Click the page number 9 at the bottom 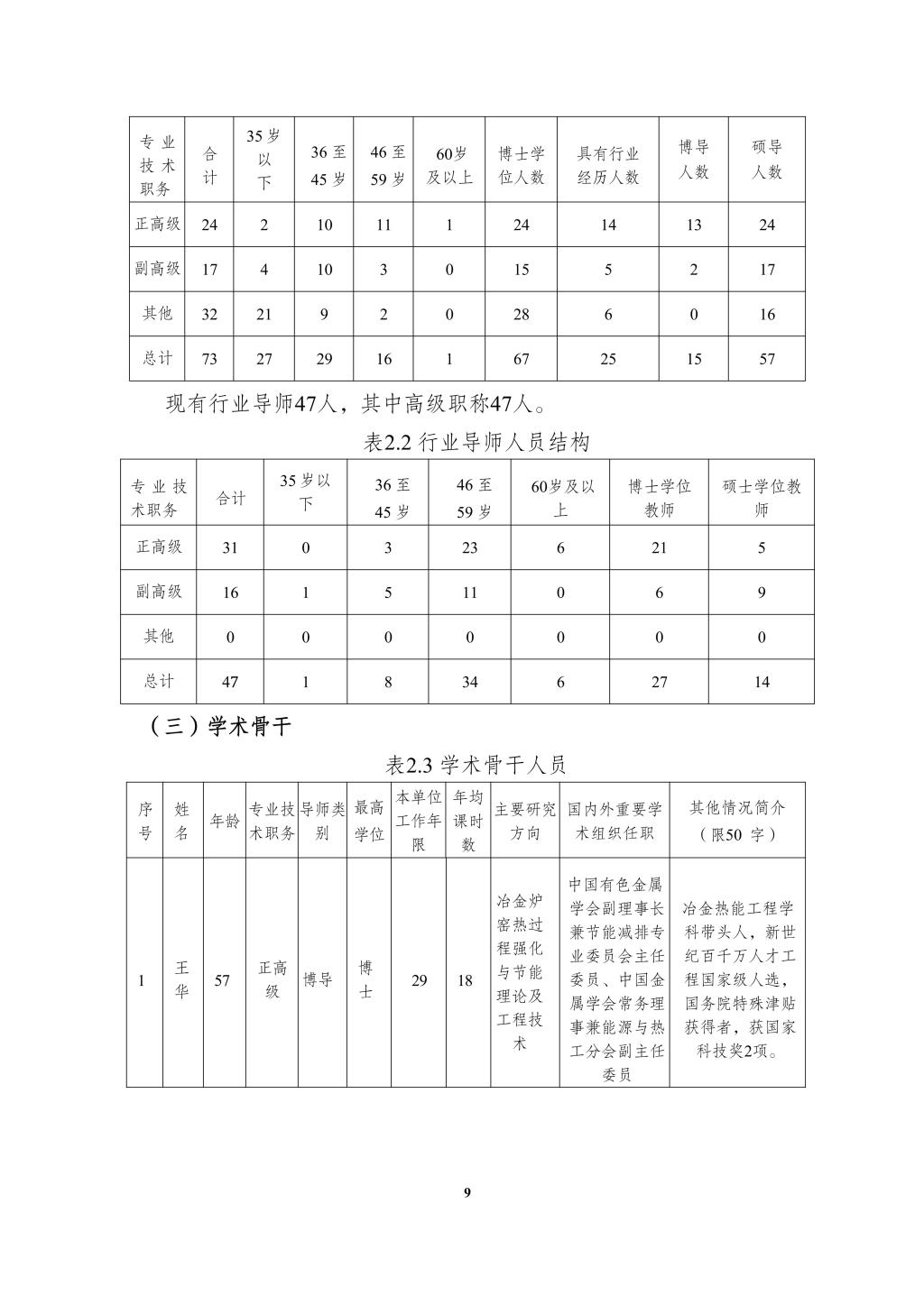[x=467, y=1193]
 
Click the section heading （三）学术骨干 [x=221, y=727]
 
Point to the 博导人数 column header [x=693, y=160]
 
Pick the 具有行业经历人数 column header [x=608, y=166]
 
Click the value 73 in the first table [x=209, y=359]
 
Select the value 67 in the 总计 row [x=522, y=359]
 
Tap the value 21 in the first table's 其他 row [x=263, y=314]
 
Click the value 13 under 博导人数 [x=693, y=225]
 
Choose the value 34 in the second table [x=470, y=682]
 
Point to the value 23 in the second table [x=470, y=547]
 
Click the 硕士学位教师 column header [x=762, y=498]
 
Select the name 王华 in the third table [x=182, y=979]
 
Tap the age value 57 [x=222, y=980]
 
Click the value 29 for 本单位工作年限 [x=420, y=980]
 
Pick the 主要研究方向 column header [x=525, y=821]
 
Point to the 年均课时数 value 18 [x=466, y=980]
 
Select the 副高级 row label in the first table [x=158, y=269]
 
